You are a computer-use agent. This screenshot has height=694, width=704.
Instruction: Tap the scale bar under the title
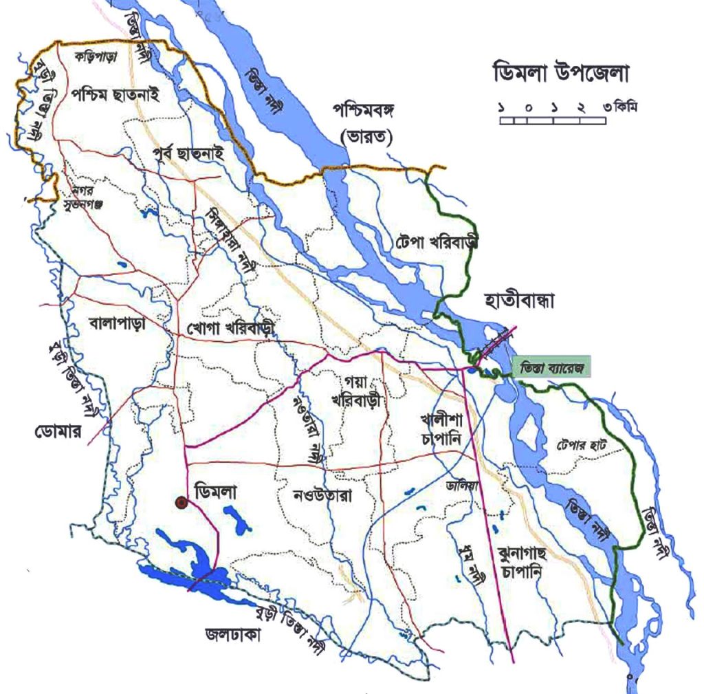point(552,120)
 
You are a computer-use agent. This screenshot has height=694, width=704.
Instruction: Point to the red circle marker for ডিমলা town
point(181,503)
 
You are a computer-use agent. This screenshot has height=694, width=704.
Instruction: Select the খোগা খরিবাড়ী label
point(230,330)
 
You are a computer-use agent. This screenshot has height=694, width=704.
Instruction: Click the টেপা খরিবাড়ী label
point(437,243)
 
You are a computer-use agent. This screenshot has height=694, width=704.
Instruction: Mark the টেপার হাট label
point(582,445)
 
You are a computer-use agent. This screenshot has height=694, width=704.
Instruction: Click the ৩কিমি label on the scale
point(616,108)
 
